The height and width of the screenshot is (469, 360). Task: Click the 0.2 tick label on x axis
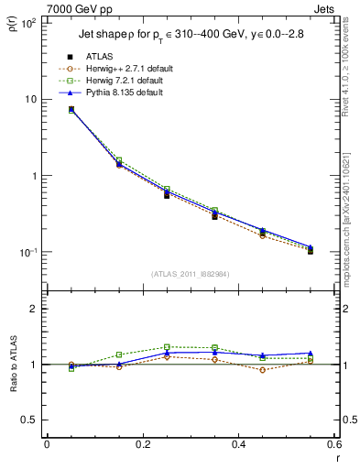(x=142, y=446)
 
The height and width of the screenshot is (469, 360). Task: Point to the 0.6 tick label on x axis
(x=333, y=446)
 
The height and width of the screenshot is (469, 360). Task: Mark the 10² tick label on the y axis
(x=27, y=23)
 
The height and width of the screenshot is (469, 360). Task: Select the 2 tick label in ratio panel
(x=33, y=309)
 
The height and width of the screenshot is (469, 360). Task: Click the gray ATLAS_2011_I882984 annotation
(x=190, y=275)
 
